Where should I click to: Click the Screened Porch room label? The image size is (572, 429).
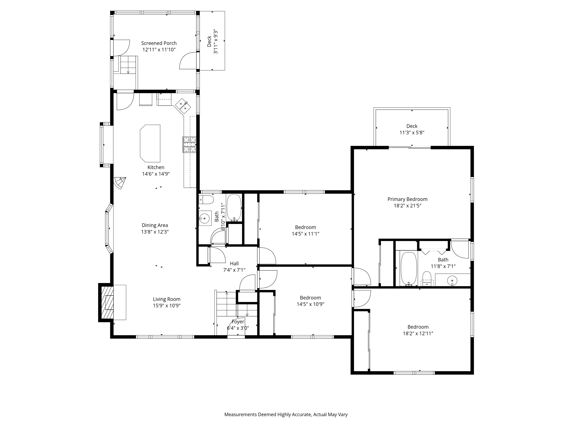click(159, 43)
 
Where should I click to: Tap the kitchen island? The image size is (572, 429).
click(150, 143)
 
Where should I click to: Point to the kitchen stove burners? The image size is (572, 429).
click(190, 144)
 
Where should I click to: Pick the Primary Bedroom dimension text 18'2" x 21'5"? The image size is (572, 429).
click(407, 206)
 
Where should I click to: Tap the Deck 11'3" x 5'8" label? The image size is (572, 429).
click(412, 129)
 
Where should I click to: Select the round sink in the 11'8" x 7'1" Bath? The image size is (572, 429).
click(452, 280)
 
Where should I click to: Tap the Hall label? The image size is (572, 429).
click(234, 263)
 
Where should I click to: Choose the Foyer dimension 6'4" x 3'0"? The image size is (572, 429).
click(238, 328)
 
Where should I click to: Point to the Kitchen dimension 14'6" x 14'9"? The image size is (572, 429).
click(156, 174)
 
